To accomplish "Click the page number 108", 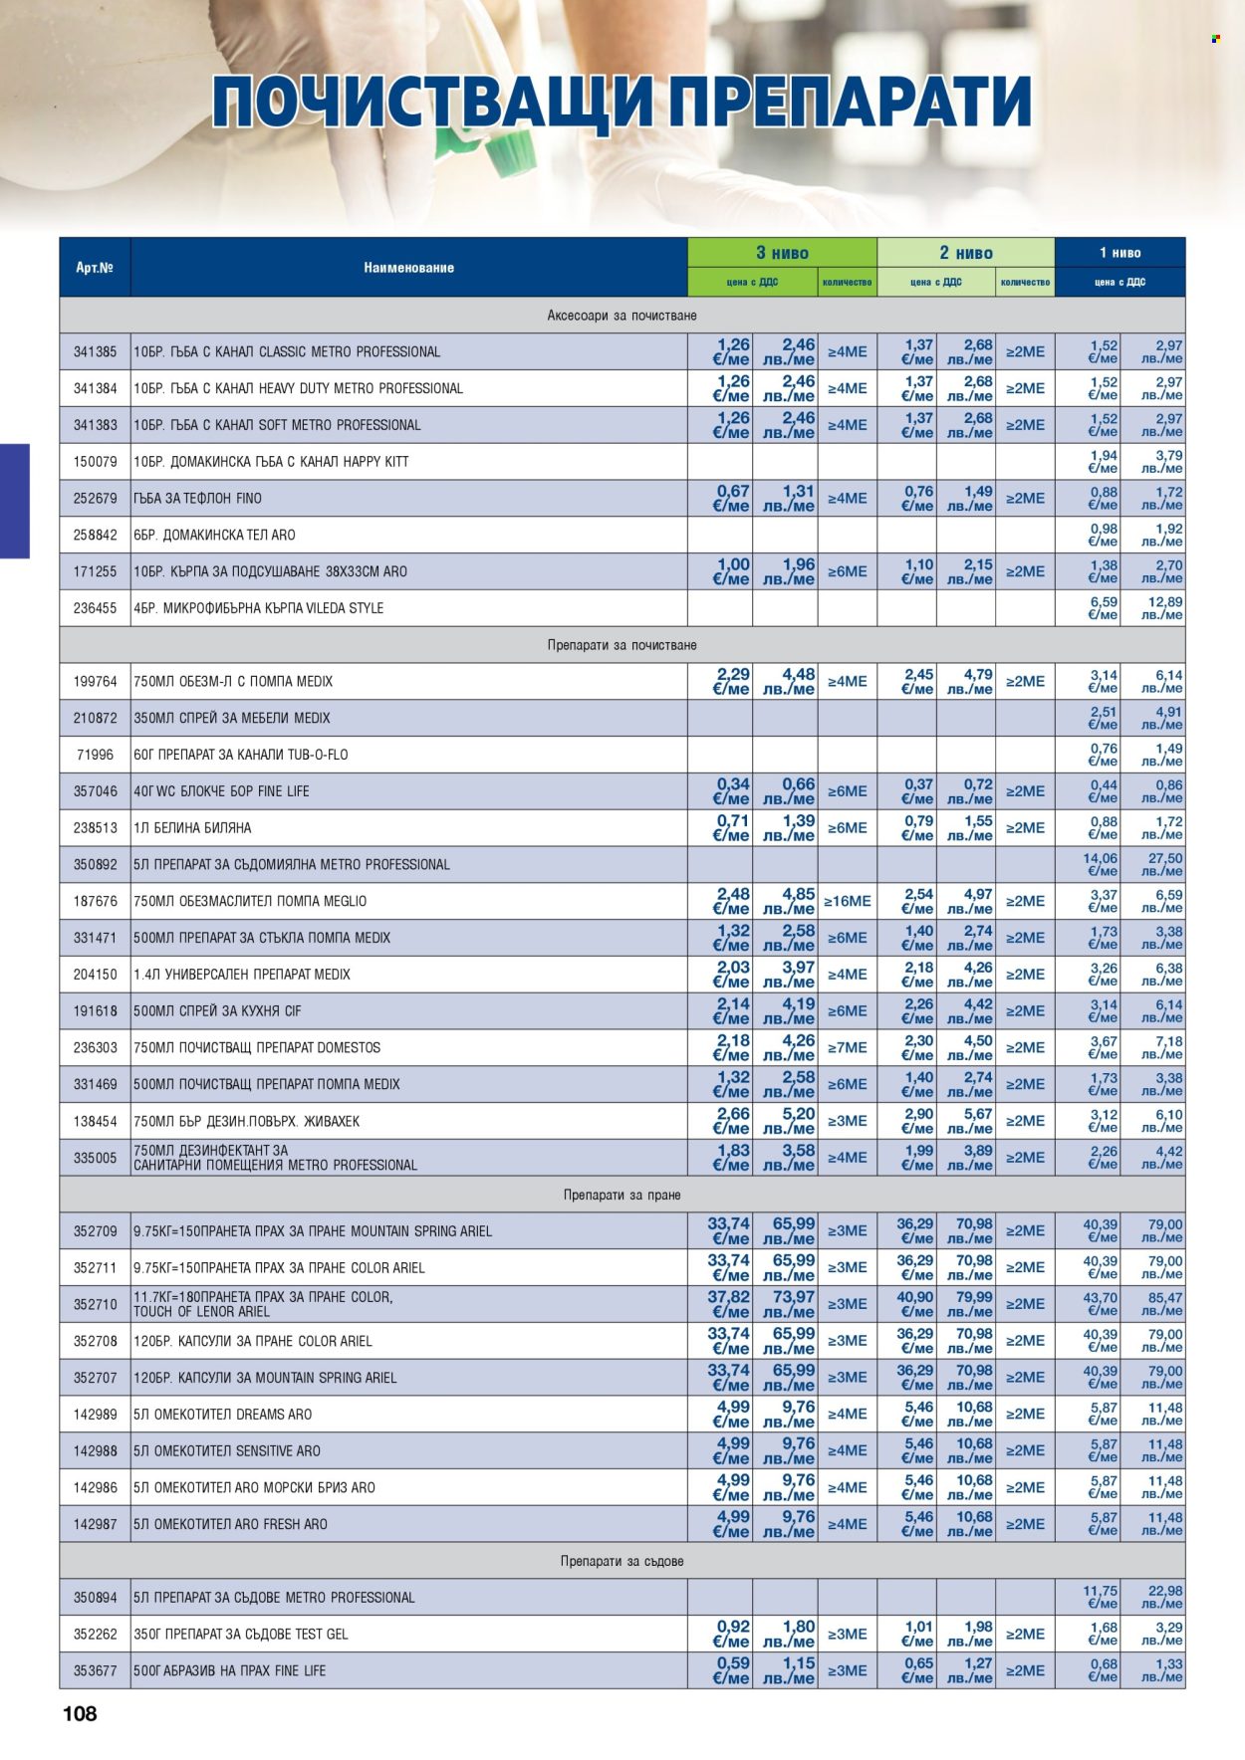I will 80,1713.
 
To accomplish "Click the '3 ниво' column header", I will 782,253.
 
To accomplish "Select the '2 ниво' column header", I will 965,253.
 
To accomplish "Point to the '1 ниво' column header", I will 1120,253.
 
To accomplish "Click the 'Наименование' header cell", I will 408,268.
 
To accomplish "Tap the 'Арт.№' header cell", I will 95,268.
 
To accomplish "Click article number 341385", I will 95,352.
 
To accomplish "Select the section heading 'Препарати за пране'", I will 622,1195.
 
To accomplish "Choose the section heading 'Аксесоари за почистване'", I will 622,316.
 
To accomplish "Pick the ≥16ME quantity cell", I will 847,901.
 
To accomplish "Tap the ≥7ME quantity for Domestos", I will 847,1047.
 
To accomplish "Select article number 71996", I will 95,755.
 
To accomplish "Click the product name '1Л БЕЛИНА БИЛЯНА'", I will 192,828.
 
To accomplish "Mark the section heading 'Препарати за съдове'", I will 622,1561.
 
